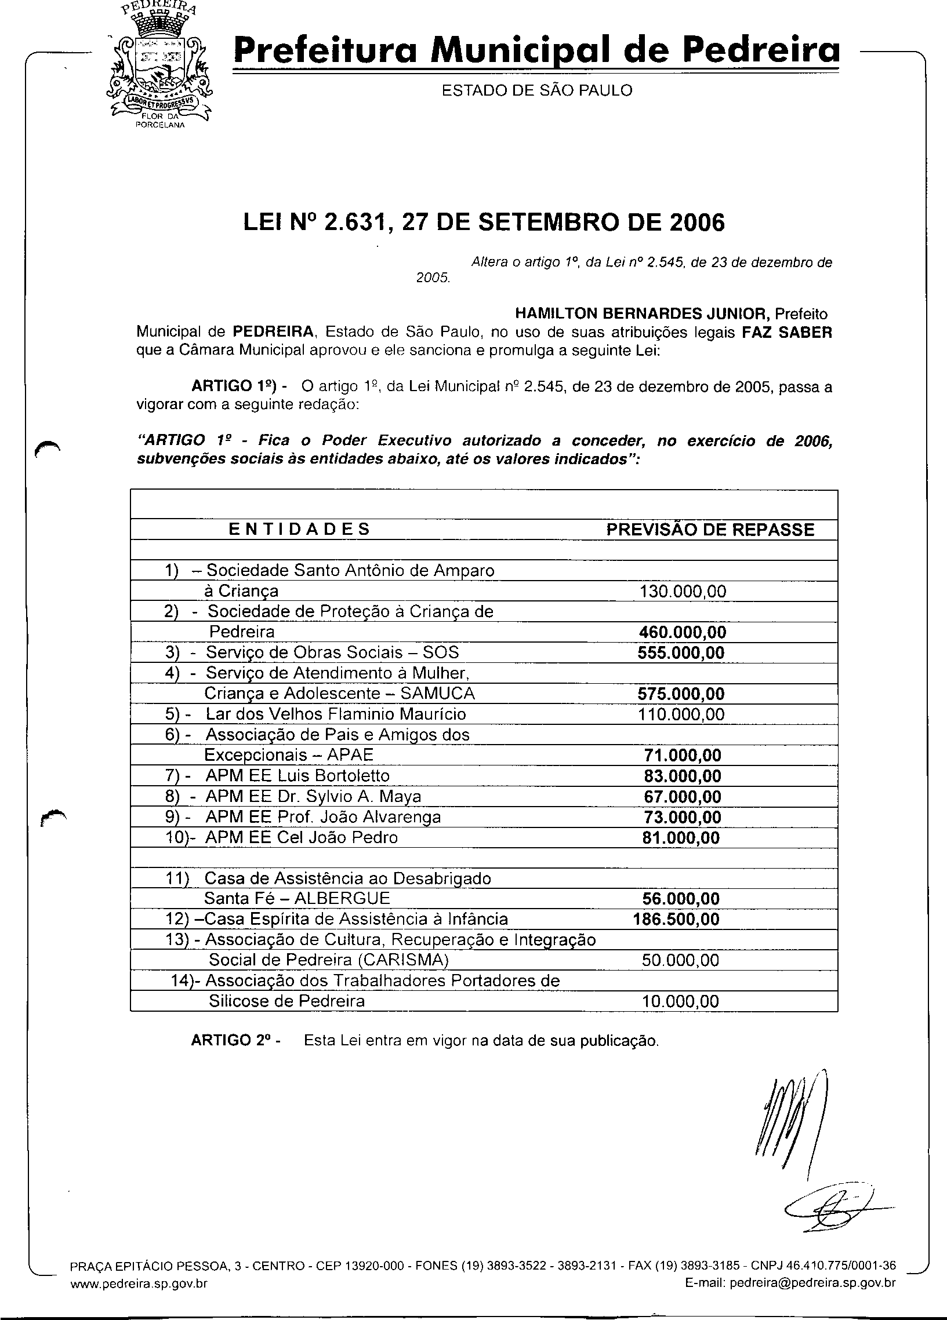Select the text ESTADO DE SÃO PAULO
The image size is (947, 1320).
536,90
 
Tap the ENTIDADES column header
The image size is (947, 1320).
299,529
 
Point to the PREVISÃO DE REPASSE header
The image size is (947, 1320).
710,529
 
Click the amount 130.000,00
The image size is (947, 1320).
683,592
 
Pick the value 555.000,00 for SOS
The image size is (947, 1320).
681,652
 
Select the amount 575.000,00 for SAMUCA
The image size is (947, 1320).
681,694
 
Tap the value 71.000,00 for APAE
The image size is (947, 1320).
682,756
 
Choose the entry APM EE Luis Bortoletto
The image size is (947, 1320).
297,776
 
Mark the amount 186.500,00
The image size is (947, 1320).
676,919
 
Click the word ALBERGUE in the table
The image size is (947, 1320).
342,899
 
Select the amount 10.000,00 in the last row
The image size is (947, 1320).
680,1001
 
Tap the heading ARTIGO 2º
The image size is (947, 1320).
237,1041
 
